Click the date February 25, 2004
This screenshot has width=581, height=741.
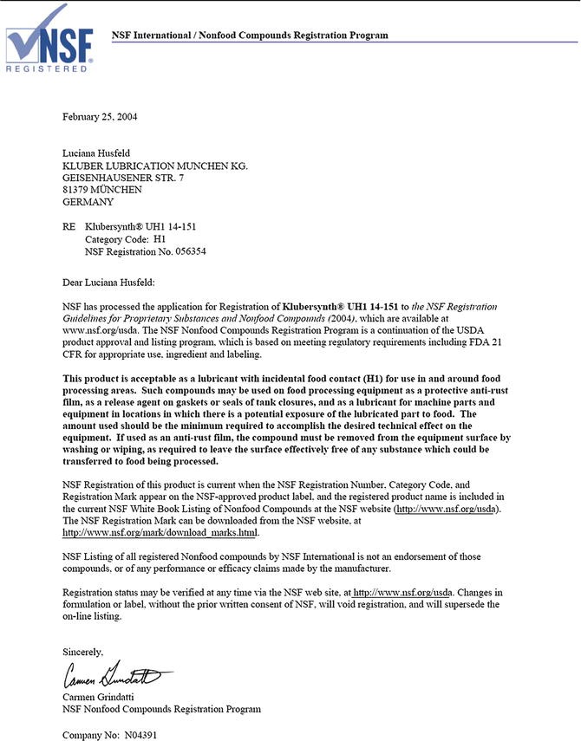[x=100, y=115]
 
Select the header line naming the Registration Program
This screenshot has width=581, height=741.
[x=250, y=36]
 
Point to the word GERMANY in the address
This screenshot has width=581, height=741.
[x=88, y=202]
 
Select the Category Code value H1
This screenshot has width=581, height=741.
[x=160, y=239]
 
